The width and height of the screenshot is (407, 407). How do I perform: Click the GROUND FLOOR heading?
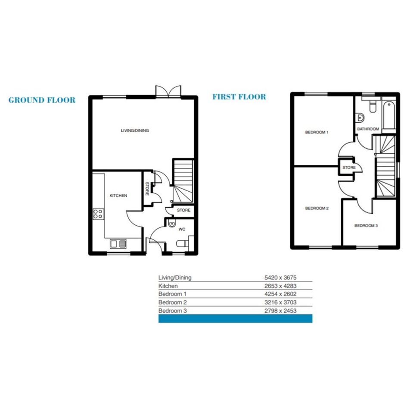42,100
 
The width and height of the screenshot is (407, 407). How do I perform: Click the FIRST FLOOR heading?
239,97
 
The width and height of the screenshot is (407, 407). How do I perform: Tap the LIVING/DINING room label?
135,130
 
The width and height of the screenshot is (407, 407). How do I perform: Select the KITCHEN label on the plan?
118,196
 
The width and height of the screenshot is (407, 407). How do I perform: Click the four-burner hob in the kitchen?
99,214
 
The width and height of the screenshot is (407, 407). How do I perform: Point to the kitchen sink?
118,244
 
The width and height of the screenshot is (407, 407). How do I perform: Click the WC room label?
182,229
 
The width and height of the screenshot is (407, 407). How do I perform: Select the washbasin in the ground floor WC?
172,223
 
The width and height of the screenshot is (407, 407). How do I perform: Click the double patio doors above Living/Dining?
168,91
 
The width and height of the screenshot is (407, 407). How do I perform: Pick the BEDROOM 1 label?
317,132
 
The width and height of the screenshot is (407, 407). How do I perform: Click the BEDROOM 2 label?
317,208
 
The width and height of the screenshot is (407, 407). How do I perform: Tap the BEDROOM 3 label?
366,226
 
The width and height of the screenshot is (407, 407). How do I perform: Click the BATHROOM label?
368,129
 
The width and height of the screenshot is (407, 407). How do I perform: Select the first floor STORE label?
349,168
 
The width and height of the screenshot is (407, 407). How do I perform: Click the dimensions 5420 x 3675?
280,277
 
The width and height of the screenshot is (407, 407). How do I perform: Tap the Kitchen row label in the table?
168,286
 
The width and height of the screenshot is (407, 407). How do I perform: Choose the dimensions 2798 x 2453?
280,311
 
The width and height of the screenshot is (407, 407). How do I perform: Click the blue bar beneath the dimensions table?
236,318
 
